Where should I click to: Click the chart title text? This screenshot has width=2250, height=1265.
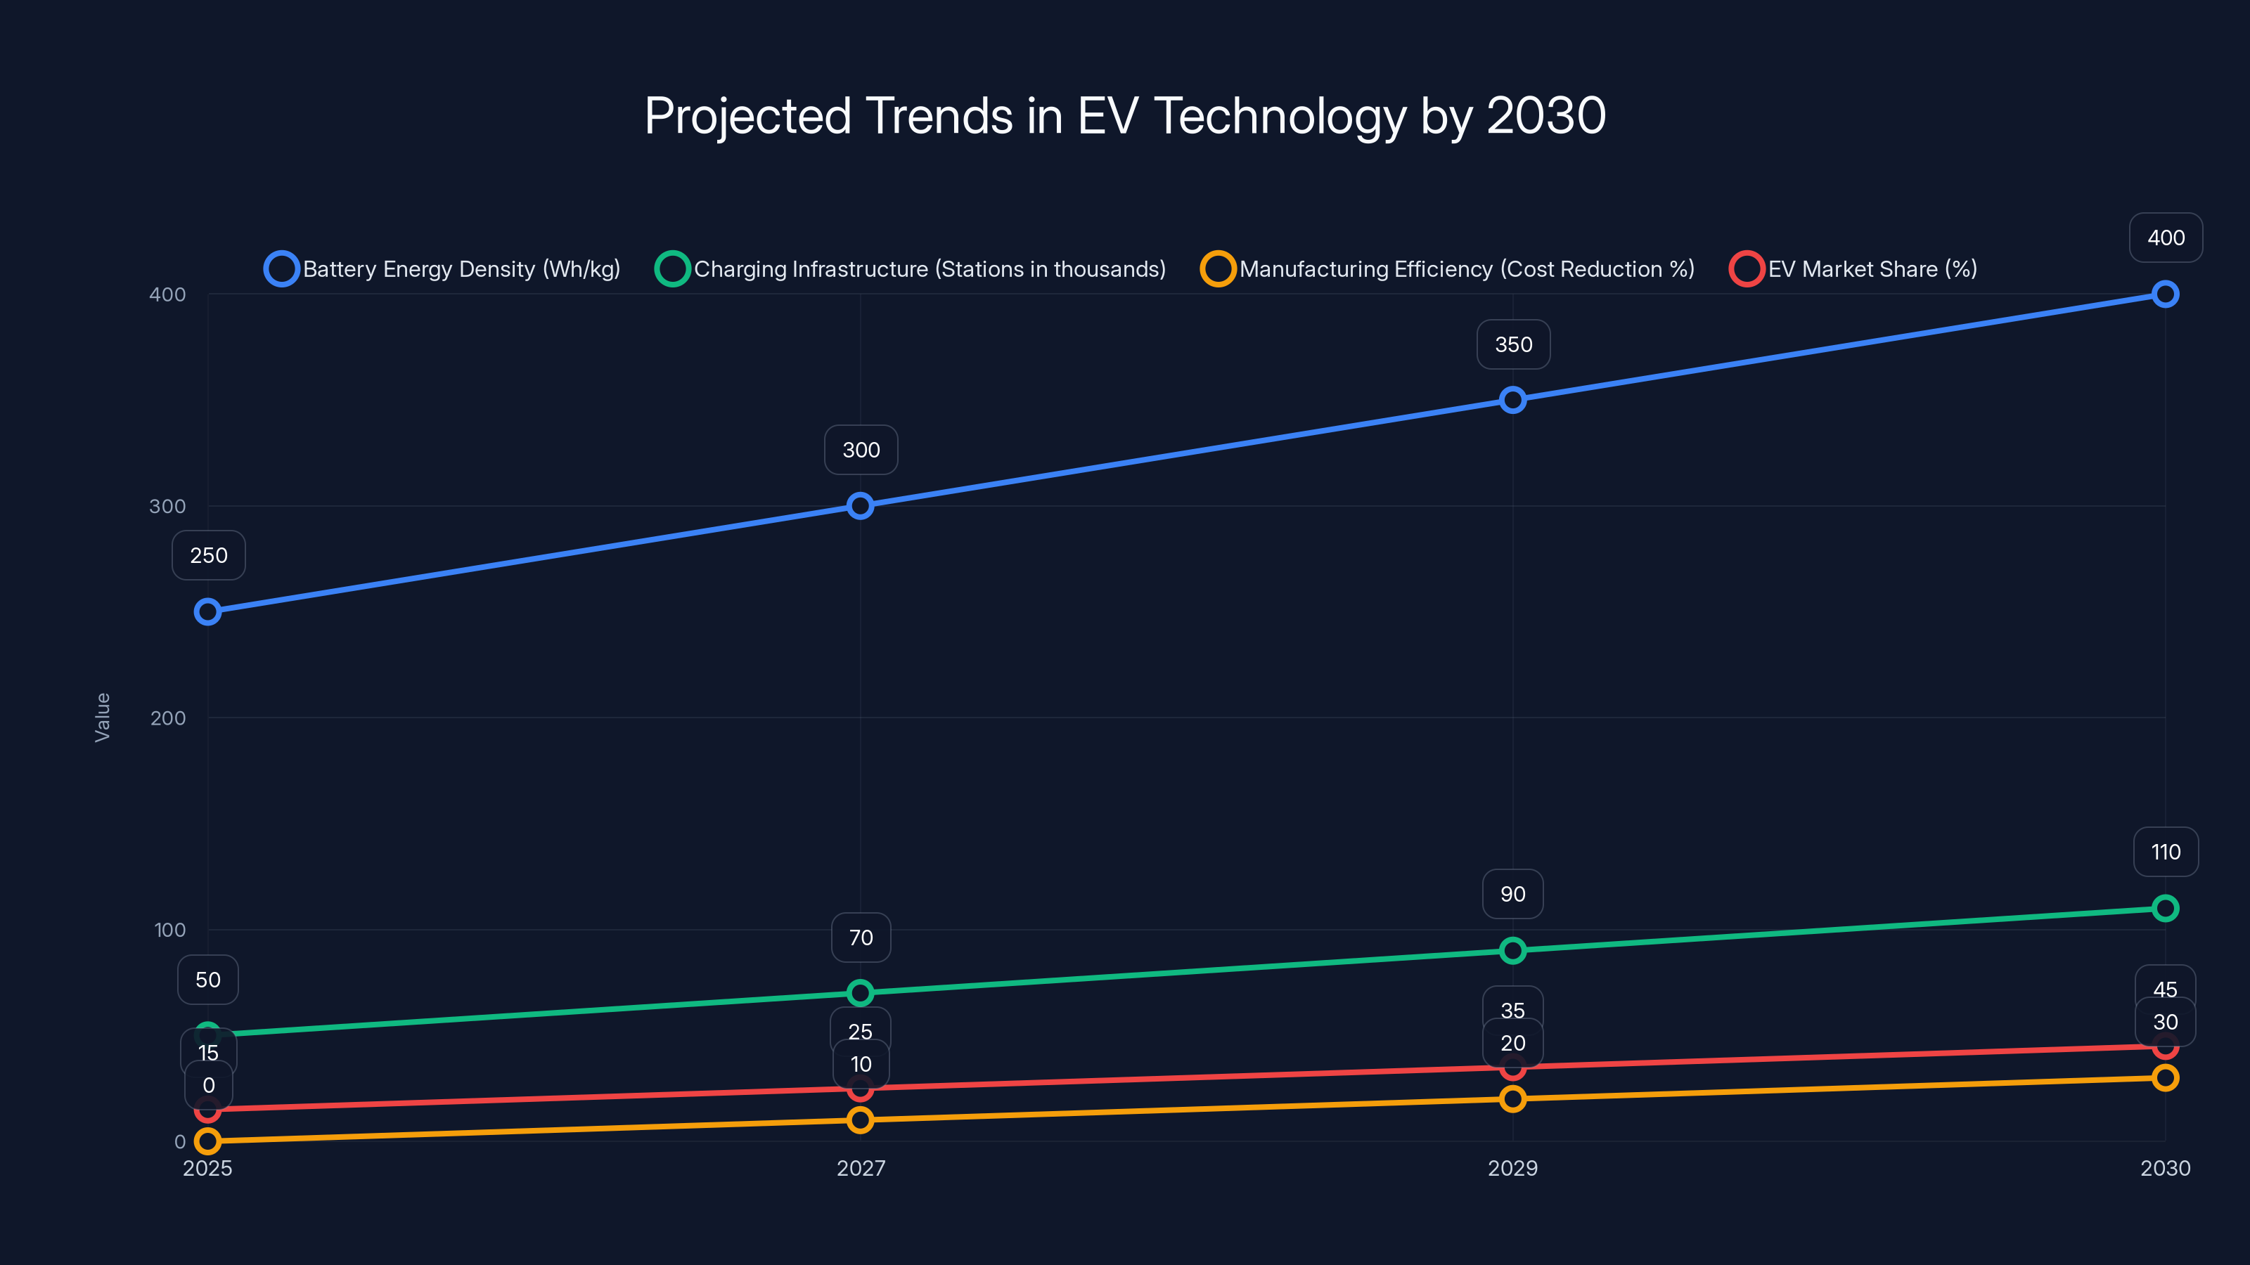pyautogui.click(x=1125, y=116)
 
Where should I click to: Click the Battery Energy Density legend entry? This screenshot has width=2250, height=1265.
pyautogui.click(x=443, y=269)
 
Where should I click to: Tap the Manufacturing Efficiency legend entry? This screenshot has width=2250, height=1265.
pyautogui.click(x=1448, y=269)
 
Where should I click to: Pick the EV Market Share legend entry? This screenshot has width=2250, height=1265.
pyautogui.click(x=1853, y=269)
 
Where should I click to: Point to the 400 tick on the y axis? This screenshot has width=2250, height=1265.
pyautogui.click(x=168, y=294)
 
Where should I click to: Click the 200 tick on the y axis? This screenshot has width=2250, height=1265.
pyautogui.click(x=168, y=718)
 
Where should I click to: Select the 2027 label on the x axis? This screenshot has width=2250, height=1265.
pyautogui.click(x=861, y=1168)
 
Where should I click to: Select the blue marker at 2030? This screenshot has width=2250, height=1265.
pyautogui.click(x=2164, y=294)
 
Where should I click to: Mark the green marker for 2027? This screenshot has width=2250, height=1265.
pyautogui.click(x=861, y=992)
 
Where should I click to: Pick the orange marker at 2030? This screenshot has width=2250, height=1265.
pyautogui.click(x=2164, y=1077)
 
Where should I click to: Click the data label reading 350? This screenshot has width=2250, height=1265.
pyautogui.click(x=1513, y=345)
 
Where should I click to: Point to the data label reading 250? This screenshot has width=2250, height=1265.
pyautogui.click(x=208, y=555)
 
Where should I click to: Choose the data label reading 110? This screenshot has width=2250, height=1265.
pyautogui.click(x=2166, y=852)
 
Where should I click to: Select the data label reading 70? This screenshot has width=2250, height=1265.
pyautogui.click(x=861, y=938)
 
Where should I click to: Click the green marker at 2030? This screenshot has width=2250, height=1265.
pyautogui.click(x=2164, y=908)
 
